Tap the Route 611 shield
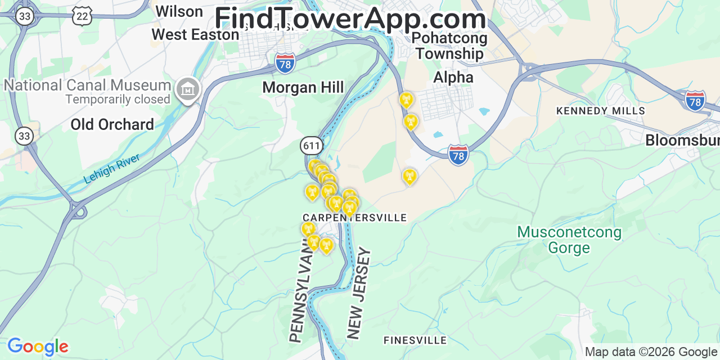click(x=311, y=146)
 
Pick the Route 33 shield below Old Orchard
click(x=24, y=136)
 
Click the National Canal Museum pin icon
click(x=187, y=89)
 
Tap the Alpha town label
click(x=453, y=78)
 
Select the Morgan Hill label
click(x=303, y=87)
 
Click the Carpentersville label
click(x=354, y=218)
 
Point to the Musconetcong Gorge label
click(x=569, y=240)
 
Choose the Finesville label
click(x=415, y=340)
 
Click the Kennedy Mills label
click(x=600, y=111)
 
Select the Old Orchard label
click(x=112, y=124)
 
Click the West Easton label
click(x=195, y=34)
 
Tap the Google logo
click(x=38, y=346)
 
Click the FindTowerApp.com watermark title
click(x=350, y=19)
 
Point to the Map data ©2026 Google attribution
click(x=651, y=352)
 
